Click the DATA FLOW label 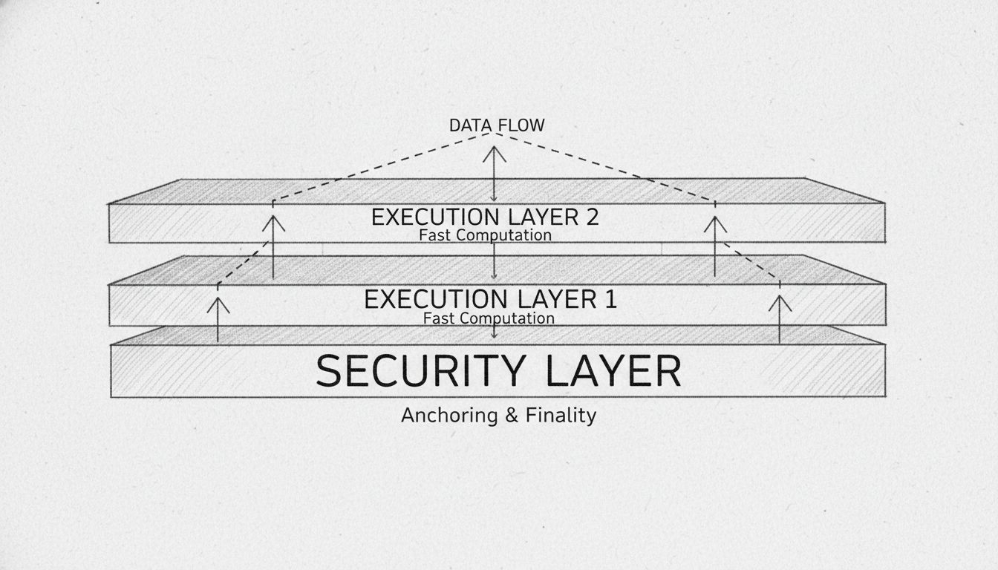[x=496, y=125]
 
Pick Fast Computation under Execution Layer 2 [x=485, y=235]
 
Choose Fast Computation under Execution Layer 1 [x=489, y=318]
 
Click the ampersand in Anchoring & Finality [x=511, y=416]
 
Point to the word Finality [x=560, y=415]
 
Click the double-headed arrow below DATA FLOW [x=495, y=174]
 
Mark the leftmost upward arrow [x=218, y=318]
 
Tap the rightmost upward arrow [x=780, y=318]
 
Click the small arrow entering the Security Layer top [x=495, y=332]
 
